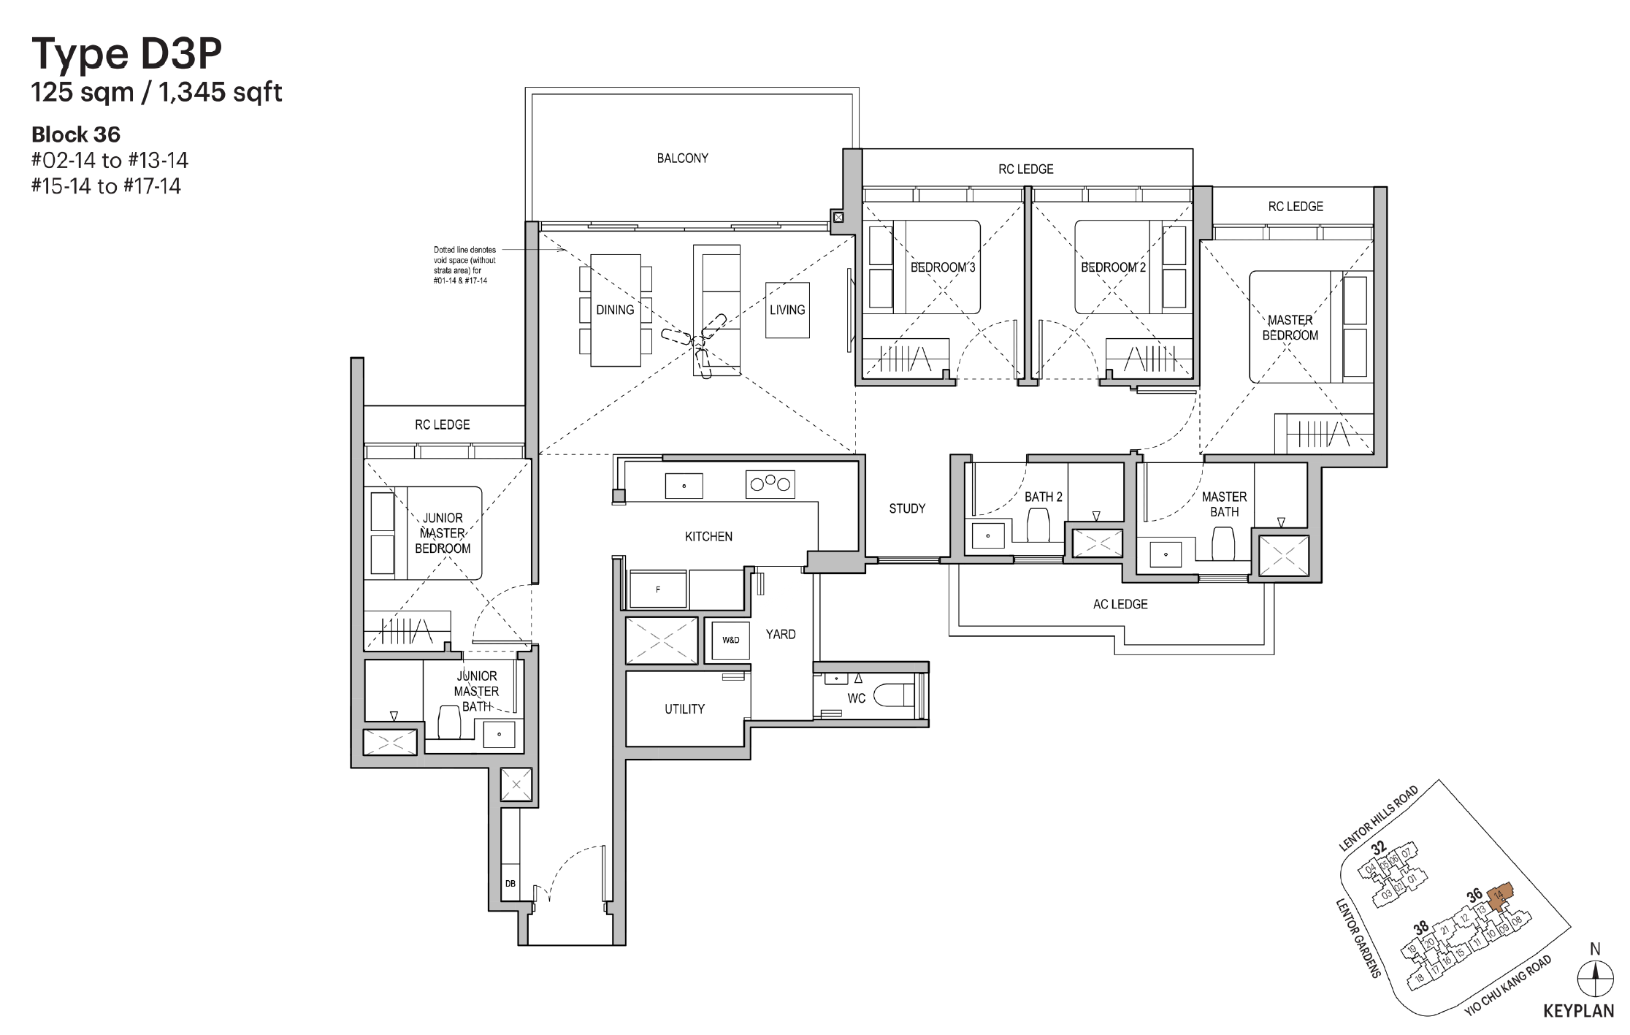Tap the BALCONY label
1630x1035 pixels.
coord(682,158)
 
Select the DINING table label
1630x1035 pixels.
coord(615,310)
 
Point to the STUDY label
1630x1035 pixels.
coord(907,508)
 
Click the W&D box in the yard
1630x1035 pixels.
coord(730,640)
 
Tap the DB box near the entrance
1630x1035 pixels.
coord(510,884)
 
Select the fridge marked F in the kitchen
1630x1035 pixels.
coord(657,589)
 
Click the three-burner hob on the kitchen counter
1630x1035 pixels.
coord(770,484)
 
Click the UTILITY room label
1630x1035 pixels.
coord(684,709)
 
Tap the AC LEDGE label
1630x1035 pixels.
coord(1120,604)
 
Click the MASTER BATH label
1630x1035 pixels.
coord(1224,504)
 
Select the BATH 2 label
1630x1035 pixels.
coord(1043,497)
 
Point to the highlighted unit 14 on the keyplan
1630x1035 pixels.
coord(1499,897)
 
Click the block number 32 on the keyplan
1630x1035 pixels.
coord(1377,848)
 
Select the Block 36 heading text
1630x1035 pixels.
coord(76,134)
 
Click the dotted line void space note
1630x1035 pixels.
coord(464,265)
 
